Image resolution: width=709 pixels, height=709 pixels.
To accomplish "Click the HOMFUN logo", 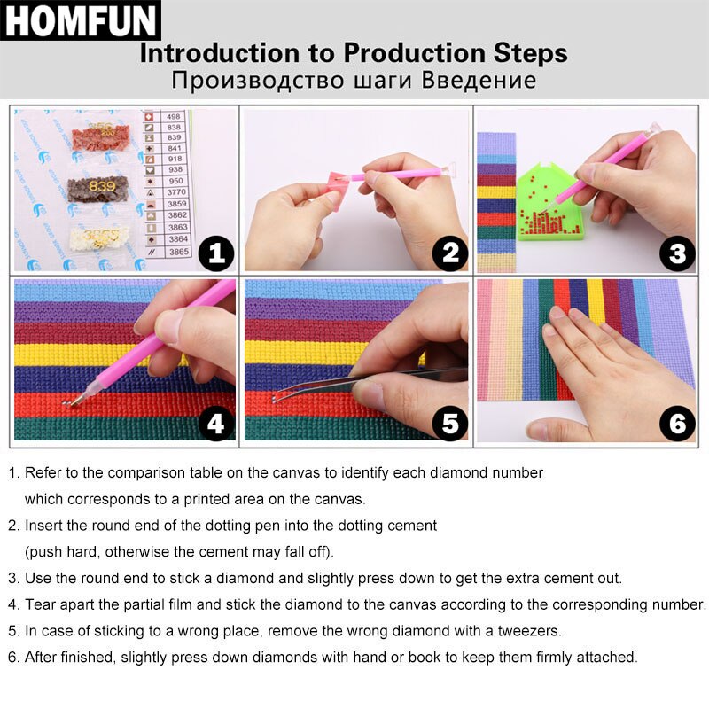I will point(80,21).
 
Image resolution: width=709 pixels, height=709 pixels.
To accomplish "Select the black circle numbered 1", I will point(216,254).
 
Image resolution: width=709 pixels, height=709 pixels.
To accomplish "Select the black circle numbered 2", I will point(449,254).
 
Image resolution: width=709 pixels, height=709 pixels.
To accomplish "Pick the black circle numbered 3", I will point(677,254).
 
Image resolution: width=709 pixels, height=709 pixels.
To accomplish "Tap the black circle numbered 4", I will point(216,425).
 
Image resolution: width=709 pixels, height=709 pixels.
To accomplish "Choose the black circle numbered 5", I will point(449,425).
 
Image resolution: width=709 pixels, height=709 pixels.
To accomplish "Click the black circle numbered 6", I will point(677,425).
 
